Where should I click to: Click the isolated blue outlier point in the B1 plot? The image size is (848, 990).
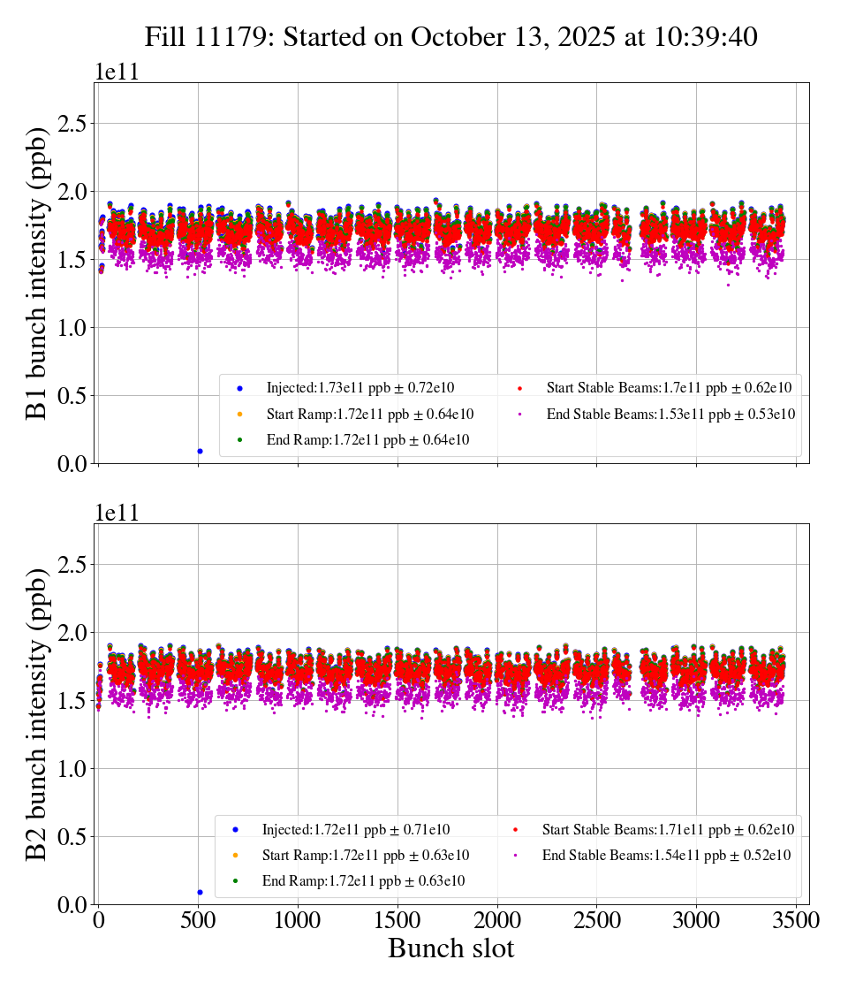[x=200, y=451]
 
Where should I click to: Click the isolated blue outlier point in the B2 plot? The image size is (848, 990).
[x=200, y=892]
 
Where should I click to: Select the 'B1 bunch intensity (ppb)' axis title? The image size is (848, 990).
[x=37, y=272]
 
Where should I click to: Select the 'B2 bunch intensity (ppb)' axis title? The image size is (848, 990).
[x=37, y=713]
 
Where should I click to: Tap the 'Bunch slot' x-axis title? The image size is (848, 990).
[x=450, y=949]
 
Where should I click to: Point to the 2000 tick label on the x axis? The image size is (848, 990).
[x=497, y=920]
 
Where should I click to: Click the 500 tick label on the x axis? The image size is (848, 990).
[x=198, y=920]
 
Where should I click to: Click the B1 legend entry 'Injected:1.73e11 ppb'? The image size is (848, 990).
[x=360, y=388]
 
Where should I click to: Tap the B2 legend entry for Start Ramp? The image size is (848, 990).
[x=365, y=856]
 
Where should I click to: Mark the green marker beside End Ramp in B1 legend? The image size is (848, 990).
[x=239, y=439]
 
